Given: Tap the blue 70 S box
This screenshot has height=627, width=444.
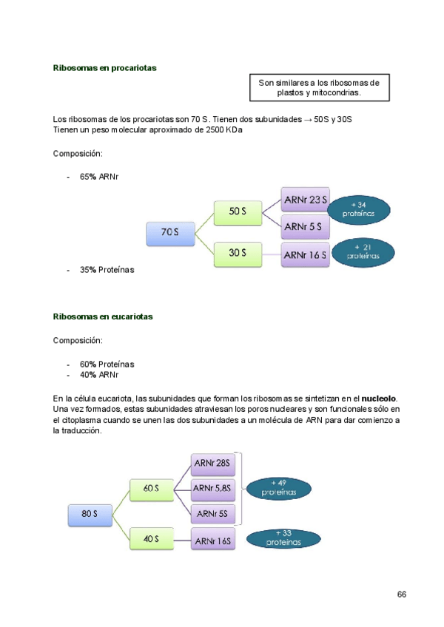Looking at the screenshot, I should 171,233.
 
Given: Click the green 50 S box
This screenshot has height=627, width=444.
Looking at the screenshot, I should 238,211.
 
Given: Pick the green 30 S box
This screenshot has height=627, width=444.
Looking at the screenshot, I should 238,253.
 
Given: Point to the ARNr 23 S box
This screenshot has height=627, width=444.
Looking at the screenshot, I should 306,200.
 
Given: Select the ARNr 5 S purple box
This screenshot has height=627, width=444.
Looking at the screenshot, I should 306,226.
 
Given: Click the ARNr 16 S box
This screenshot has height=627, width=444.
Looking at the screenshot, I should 306,255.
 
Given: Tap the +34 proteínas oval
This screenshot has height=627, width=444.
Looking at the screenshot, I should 359,209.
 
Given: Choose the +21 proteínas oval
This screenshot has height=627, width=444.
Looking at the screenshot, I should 362,252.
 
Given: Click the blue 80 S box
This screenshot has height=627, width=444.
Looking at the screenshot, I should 91,514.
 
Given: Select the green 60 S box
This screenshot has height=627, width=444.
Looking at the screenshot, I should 152,489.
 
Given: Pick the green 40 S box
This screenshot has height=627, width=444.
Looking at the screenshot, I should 152,539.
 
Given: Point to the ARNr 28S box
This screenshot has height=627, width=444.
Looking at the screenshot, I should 212,464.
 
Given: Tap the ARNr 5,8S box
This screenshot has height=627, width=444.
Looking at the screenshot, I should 213,488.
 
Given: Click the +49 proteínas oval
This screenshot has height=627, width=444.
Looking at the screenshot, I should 277,488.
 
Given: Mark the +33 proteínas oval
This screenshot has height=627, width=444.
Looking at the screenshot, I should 284,538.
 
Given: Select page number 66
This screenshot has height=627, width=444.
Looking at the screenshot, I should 402,594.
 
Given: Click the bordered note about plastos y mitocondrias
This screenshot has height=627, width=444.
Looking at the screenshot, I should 319,88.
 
